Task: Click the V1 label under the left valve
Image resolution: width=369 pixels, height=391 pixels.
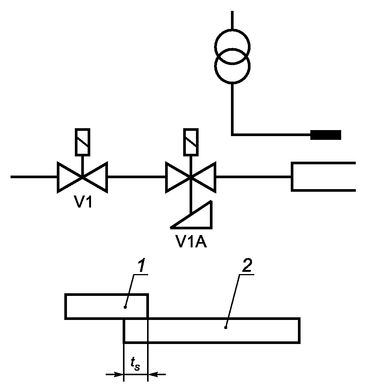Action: [x=84, y=202]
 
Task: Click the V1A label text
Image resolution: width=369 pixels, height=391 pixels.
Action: [x=191, y=241]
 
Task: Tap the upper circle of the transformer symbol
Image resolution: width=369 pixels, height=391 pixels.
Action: [x=232, y=29]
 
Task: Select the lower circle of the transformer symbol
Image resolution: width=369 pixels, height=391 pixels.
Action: [x=232, y=83]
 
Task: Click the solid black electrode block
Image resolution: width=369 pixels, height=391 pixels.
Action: [x=326, y=135]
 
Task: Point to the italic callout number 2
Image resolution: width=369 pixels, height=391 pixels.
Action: [x=247, y=265]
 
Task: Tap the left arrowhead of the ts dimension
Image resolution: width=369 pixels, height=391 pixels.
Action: [x=119, y=374]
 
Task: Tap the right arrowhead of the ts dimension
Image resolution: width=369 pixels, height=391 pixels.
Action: [x=153, y=374]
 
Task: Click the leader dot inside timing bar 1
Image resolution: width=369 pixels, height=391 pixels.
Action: [x=125, y=307]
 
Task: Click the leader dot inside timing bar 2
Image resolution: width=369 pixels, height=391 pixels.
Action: [x=226, y=328]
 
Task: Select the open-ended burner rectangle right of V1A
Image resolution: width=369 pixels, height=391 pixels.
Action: [x=292, y=177]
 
